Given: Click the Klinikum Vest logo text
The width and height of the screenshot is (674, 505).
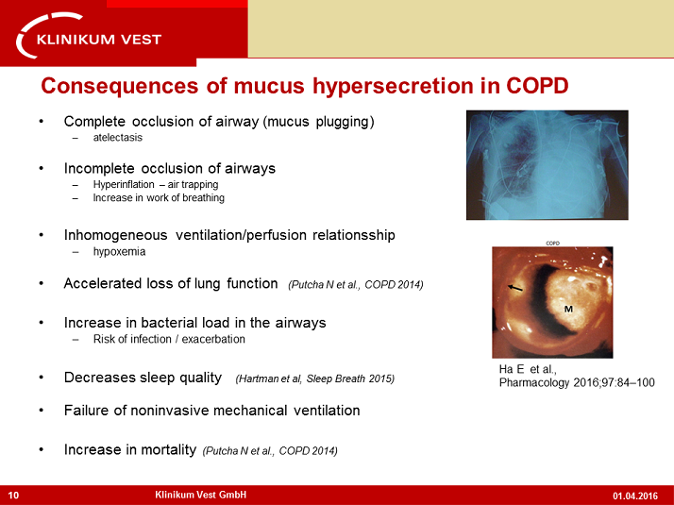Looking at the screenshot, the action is [99, 40].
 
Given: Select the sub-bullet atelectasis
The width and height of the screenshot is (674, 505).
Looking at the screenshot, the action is [118, 138].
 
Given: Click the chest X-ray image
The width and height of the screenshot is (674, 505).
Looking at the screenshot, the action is [548, 165].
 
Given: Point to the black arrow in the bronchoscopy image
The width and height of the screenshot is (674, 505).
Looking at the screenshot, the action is [515, 288].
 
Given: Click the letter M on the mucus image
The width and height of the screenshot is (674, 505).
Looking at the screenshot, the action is [568, 309].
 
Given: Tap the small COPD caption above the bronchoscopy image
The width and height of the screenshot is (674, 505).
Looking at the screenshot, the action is [553, 244].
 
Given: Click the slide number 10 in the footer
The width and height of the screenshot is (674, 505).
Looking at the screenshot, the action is [13, 496].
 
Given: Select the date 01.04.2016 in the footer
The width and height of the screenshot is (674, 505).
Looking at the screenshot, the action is [635, 496].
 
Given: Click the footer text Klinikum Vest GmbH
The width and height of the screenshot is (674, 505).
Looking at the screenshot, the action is [201, 495].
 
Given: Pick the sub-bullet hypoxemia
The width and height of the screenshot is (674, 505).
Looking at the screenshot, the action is [120, 252].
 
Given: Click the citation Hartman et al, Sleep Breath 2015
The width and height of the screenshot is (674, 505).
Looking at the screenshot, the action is [315, 379].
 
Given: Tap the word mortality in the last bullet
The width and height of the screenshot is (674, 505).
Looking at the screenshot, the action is [168, 450].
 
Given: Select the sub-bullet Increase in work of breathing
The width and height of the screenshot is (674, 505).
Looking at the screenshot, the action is [159, 197].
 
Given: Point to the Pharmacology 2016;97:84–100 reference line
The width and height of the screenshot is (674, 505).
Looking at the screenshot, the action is [577, 382].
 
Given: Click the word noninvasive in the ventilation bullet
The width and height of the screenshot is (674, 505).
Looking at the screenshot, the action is [170, 411].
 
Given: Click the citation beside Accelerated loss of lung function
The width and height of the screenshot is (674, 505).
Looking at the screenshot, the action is [356, 285].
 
